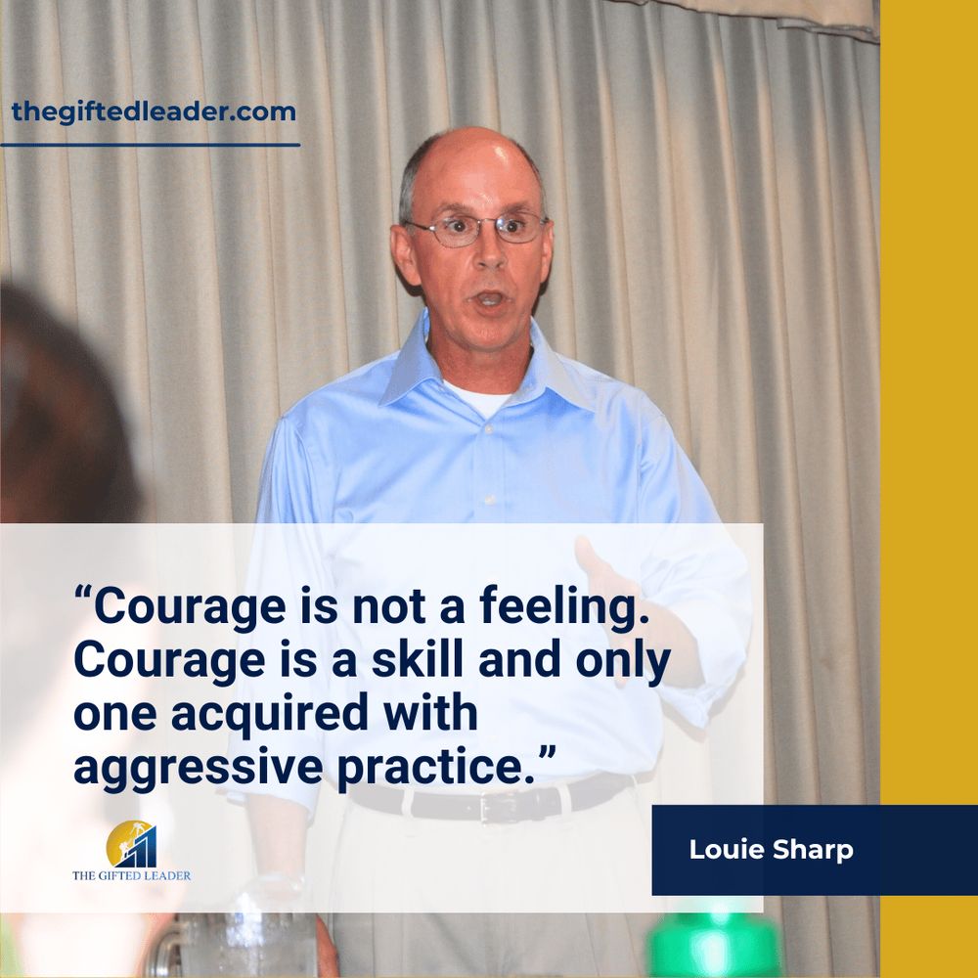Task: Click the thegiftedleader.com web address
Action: (154, 112)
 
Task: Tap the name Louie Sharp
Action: (771, 850)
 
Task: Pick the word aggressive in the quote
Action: (198, 768)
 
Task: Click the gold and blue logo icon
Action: (131, 844)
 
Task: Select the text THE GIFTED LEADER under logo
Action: (132, 875)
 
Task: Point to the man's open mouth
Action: (490, 299)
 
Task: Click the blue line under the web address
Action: (150, 145)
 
